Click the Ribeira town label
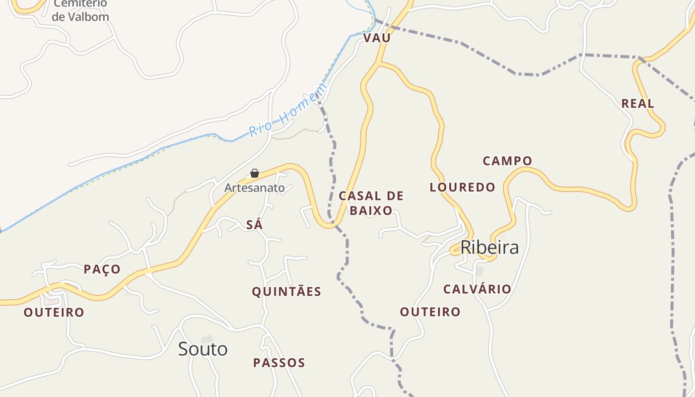(x=489, y=247)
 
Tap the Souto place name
(x=203, y=349)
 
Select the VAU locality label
(x=377, y=38)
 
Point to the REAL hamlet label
(x=638, y=104)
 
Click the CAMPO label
(x=507, y=161)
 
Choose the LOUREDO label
(x=462, y=187)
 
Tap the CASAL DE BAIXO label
(x=371, y=203)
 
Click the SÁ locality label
(x=254, y=225)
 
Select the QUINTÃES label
(x=286, y=291)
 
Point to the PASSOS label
(x=279, y=363)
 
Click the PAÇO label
(x=102, y=269)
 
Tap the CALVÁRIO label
(x=477, y=289)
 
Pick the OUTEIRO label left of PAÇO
(x=54, y=313)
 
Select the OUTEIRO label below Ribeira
(x=430, y=312)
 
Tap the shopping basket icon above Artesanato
(x=255, y=173)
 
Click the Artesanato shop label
(x=254, y=188)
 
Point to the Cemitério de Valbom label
(x=80, y=10)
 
